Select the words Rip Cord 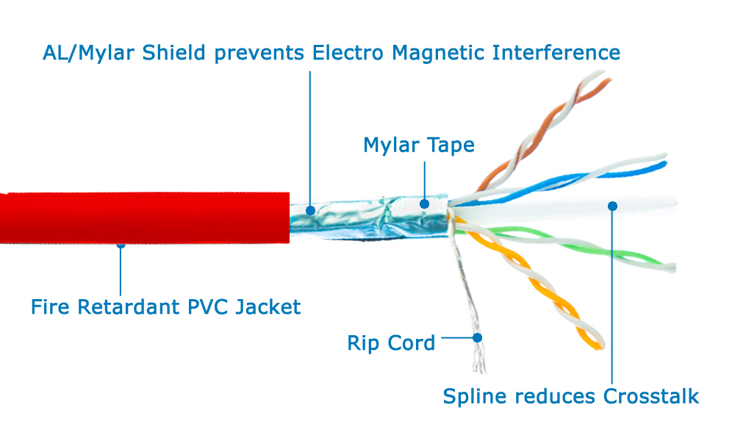click(391, 343)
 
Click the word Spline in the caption click(474, 396)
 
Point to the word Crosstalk click(651, 396)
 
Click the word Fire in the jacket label click(50, 307)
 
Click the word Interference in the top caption click(556, 52)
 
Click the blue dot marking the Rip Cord click(477, 338)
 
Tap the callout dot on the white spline click(612, 207)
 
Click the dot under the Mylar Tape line click(425, 204)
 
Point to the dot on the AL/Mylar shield click(310, 210)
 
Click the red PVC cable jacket click(144, 218)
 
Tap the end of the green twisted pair click(673, 268)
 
